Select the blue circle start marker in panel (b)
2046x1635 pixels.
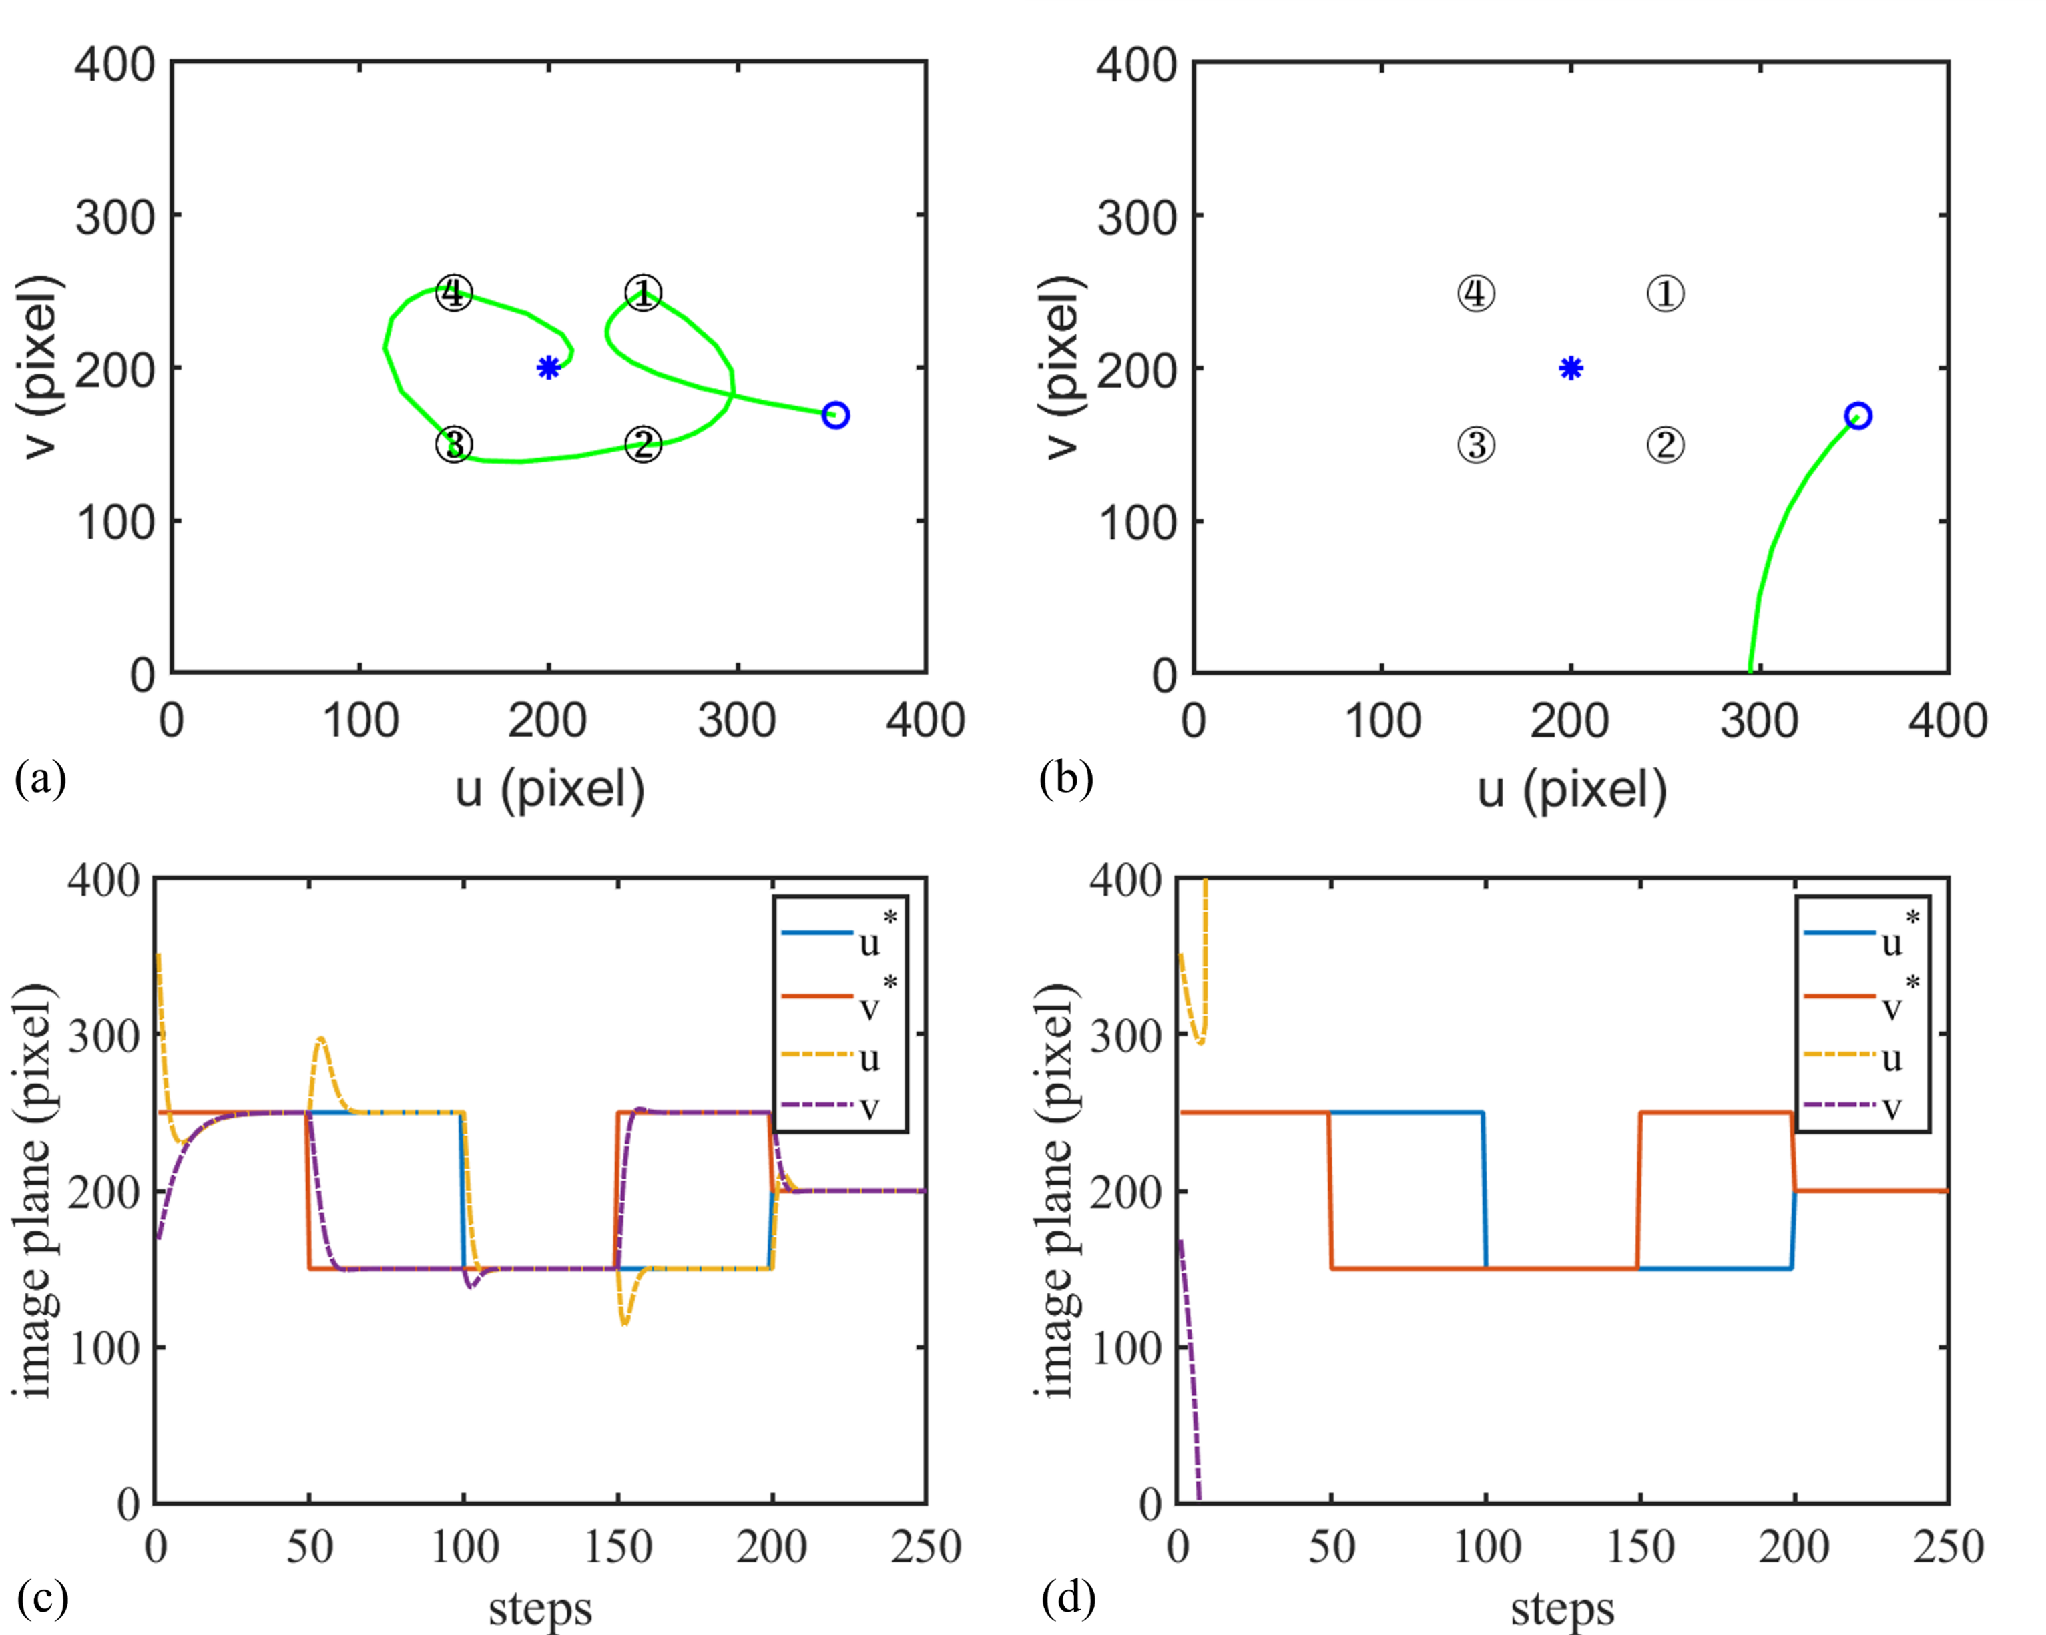[1857, 416]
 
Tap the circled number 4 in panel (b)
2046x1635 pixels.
[1476, 293]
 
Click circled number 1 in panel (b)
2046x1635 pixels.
[1666, 293]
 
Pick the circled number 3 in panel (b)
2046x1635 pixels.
[1476, 445]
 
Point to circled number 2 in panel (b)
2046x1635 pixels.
[1666, 445]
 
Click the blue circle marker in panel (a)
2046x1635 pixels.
[835, 414]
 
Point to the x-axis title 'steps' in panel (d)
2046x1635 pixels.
[1562, 1608]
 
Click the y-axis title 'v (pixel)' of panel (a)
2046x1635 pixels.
[40, 367]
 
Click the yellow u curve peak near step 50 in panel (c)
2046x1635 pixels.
[321, 1038]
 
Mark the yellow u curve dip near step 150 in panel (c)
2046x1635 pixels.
[623, 1324]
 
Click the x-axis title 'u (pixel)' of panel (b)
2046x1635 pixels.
[1571, 789]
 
